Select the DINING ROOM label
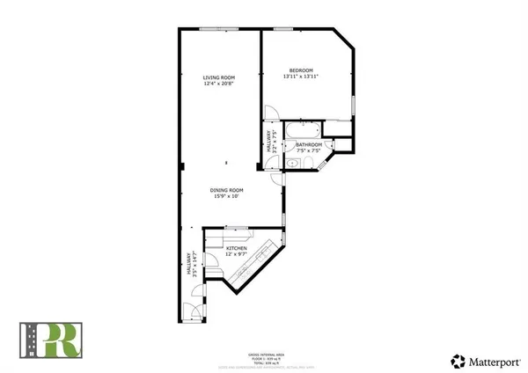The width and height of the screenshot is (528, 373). coord(226,190)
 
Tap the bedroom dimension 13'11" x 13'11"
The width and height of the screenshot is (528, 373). coord(301,77)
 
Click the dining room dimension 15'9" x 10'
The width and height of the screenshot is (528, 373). coord(226,197)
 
